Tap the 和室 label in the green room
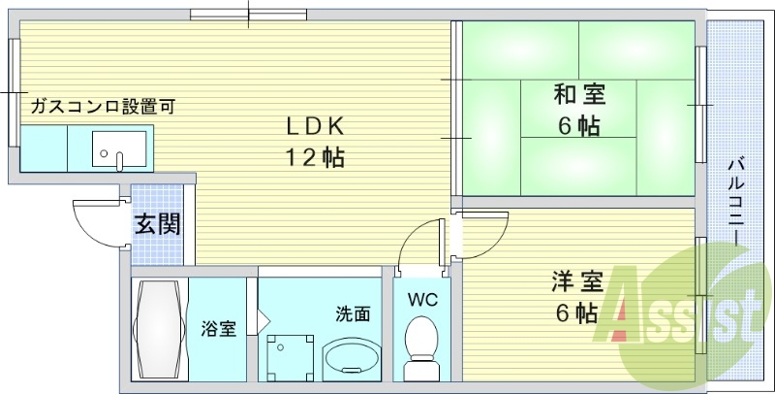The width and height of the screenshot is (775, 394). coord(579,95)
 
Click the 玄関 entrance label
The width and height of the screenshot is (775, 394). coord(157,225)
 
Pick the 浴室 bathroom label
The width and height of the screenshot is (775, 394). coord(219,328)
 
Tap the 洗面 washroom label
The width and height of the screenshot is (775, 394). coord(353,313)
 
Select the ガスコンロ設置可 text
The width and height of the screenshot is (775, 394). coord(102,107)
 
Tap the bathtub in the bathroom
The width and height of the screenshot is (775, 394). coord(158,330)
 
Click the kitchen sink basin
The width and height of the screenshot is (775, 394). coord(117,149)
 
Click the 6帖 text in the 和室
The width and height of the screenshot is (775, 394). coord(578,126)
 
